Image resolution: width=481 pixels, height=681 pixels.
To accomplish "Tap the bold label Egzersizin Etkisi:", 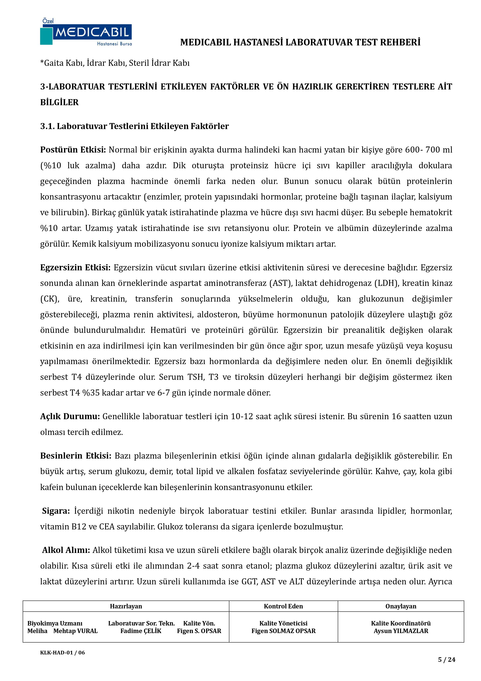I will [75, 268].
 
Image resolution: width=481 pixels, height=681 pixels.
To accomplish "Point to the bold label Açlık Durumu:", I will [70, 416].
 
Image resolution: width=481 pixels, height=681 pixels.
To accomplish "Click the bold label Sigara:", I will [56, 511].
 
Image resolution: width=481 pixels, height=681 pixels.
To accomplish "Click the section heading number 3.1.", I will [47, 126].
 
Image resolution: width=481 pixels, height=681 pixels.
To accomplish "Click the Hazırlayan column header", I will [126, 606].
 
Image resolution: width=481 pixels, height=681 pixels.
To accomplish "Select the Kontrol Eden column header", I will [283, 606].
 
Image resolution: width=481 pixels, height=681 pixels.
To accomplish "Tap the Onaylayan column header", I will [401, 606].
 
